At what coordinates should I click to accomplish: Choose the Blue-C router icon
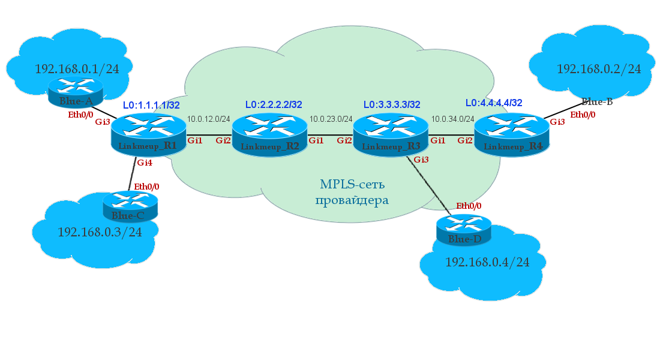(x=130, y=205)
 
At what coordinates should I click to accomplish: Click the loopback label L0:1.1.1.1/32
(x=151, y=105)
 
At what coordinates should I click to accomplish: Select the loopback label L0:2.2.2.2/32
(x=274, y=104)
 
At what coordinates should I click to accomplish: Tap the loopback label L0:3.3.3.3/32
(x=392, y=104)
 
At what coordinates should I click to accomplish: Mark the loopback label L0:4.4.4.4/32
(x=494, y=103)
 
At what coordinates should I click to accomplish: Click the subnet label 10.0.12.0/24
(x=209, y=119)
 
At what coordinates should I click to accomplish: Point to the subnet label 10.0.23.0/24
(x=331, y=119)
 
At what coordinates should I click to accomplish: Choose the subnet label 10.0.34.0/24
(x=452, y=119)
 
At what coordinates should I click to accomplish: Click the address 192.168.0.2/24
(x=599, y=69)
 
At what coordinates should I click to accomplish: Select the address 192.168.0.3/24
(x=100, y=232)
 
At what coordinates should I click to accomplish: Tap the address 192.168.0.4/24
(x=487, y=262)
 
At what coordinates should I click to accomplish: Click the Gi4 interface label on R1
(x=145, y=163)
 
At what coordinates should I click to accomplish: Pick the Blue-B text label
(x=597, y=102)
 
